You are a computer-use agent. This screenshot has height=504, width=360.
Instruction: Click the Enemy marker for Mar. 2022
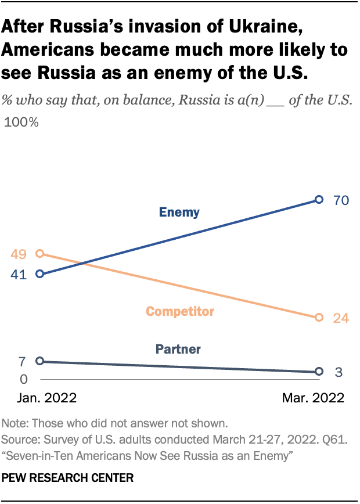[318, 200]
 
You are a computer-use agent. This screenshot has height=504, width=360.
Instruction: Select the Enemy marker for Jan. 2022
[39, 273]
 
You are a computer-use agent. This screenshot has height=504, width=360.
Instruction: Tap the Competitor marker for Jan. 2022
[39, 253]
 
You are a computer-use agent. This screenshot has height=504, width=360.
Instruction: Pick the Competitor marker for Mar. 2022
[318, 318]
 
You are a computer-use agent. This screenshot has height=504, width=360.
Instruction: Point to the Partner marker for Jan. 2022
[39, 361]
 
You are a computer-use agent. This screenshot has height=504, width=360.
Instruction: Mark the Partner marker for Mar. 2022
[318, 372]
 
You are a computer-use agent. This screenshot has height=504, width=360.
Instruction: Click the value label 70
[340, 200]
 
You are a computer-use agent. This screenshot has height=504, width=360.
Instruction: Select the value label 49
[19, 254]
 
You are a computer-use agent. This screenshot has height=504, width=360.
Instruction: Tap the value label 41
[19, 275]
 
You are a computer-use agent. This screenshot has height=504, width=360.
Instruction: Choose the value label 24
[340, 318]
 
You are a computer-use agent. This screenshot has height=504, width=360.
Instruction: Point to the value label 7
[22, 362]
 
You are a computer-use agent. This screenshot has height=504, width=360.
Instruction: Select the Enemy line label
[179, 213]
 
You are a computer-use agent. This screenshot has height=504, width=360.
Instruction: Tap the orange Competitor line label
[180, 312]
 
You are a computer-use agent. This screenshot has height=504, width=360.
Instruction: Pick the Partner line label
[178, 350]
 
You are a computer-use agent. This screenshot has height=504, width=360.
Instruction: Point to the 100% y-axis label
[21, 123]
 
